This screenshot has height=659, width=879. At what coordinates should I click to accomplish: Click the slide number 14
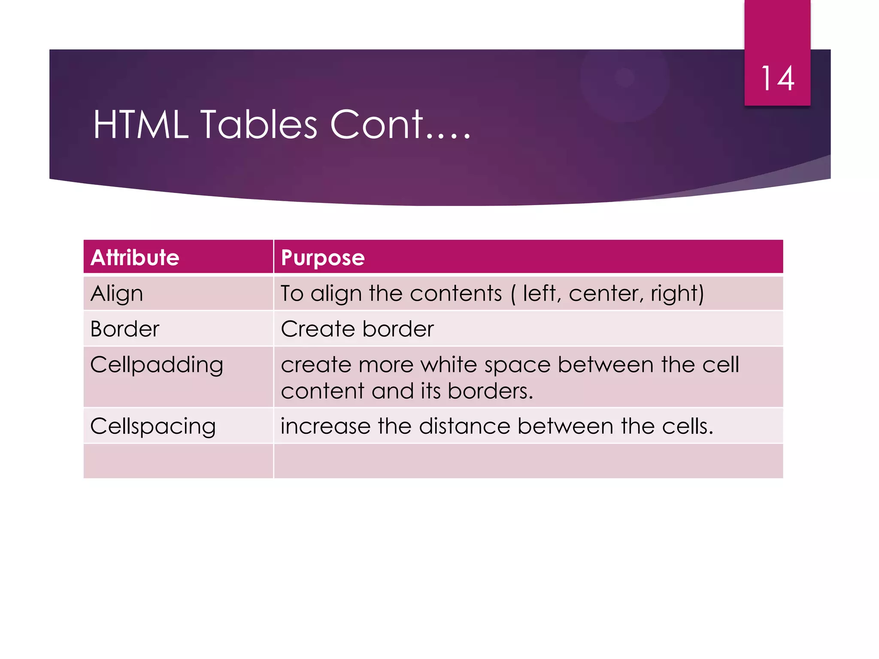777,79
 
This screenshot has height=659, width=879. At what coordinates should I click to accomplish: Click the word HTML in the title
141,125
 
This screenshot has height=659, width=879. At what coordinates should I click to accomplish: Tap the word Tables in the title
259,125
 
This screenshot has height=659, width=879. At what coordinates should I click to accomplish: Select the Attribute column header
135,257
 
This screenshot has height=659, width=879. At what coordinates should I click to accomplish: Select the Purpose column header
323,258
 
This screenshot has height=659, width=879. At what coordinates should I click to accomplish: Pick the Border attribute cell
125,329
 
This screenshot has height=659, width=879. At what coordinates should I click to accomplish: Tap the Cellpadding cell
157,366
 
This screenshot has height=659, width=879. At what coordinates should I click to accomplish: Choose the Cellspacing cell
153,427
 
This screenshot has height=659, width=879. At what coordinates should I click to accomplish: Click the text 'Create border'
357,329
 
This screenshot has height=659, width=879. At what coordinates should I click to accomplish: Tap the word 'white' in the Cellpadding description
449,366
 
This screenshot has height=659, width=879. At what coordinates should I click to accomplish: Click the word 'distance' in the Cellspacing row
465,427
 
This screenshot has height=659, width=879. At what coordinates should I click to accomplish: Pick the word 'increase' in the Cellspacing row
325,427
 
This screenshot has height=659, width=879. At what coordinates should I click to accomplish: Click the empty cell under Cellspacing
178,461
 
